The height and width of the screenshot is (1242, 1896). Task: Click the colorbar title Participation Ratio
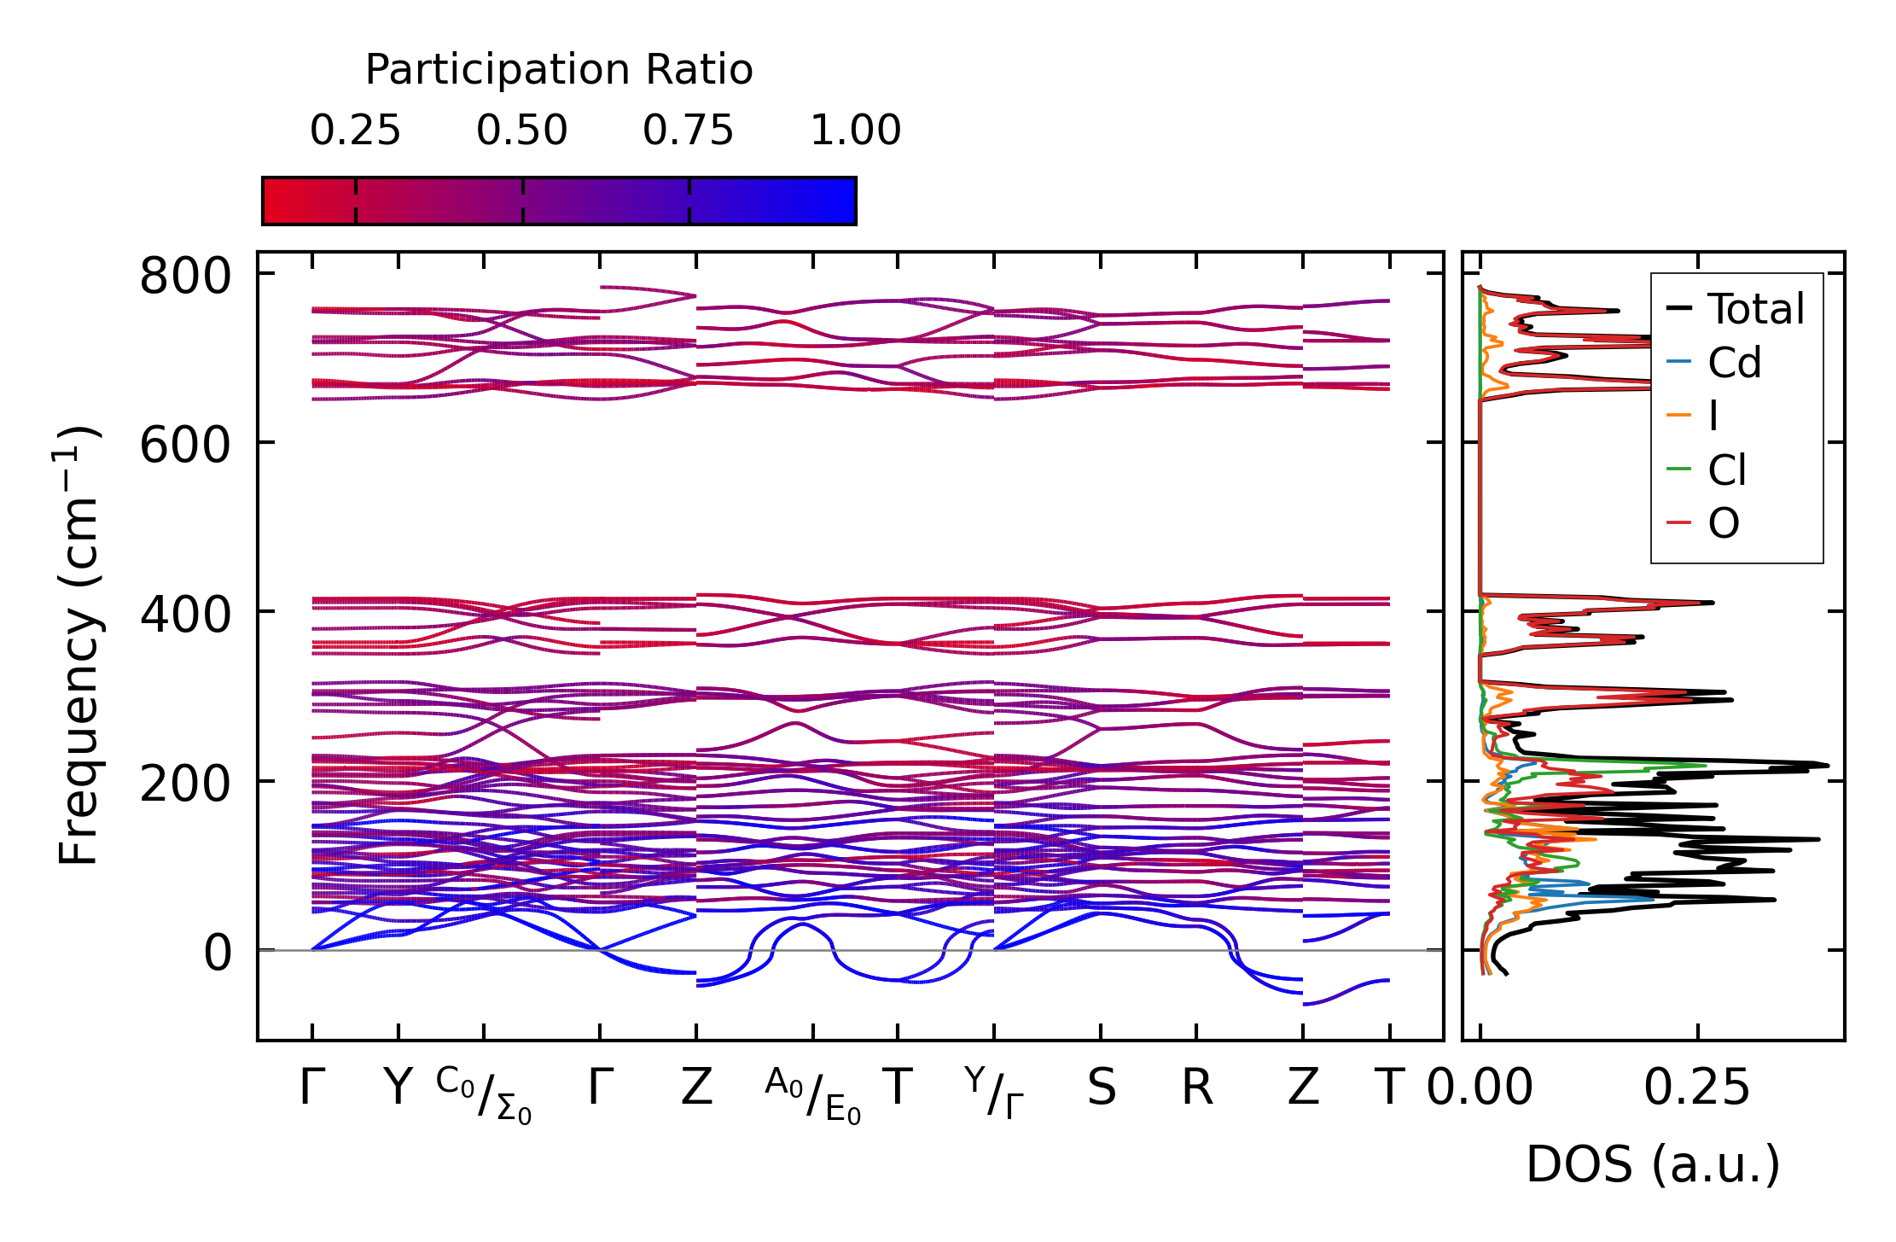point(559,70)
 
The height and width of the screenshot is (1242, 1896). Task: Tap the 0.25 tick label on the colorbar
point(355,131)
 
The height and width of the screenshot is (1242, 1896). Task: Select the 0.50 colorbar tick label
point(522,131)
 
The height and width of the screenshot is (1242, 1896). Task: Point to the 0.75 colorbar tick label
point(689,131)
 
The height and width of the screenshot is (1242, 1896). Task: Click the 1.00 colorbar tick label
point(856,131)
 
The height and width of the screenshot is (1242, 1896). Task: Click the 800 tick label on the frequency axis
point(185,277)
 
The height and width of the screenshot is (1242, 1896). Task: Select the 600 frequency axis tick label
point(185,446)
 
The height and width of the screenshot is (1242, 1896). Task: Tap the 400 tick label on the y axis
point(185,615)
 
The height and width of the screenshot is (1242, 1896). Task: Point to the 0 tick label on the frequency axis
point(218,953)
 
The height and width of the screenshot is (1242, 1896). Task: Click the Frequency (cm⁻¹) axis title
point(79,645)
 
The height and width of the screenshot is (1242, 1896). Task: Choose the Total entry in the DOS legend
point(1755,309)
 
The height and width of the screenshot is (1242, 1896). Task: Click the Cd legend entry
point(1734,364)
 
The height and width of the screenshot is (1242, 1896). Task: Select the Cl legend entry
point(1727,470)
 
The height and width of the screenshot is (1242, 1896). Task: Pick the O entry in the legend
point(1724,523)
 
